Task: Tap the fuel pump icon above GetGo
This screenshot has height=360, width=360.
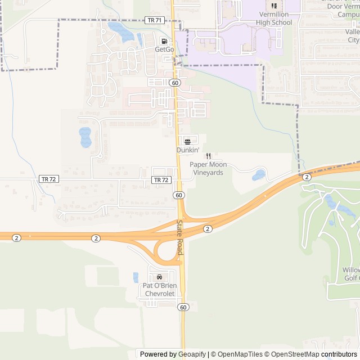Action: [164, 41]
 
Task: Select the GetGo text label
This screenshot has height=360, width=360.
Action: [164, 49]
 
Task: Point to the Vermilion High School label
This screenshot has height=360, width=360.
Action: [274, 19]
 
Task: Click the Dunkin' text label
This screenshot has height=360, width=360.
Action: [188, 150]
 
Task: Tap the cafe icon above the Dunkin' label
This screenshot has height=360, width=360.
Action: [187, 141]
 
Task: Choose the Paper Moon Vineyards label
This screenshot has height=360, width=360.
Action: [208, 168]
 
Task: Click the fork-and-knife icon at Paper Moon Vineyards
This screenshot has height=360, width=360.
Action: [208, 156]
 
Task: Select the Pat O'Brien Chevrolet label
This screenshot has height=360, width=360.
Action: [160, 289]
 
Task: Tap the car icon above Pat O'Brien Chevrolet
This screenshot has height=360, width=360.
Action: [160, 277]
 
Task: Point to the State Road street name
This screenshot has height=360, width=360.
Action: [179, 237]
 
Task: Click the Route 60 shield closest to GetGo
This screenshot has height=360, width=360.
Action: [175, 83]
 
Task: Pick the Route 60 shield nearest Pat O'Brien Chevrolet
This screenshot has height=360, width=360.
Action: [183, 307]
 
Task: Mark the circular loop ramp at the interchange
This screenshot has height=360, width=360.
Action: [166, 252]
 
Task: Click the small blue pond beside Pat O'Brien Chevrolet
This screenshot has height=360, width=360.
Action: [136, 277]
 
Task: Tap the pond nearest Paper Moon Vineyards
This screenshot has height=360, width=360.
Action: [259, 175]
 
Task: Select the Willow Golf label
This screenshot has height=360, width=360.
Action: [351, 274]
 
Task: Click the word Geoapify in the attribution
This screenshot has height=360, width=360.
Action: [192, 354]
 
